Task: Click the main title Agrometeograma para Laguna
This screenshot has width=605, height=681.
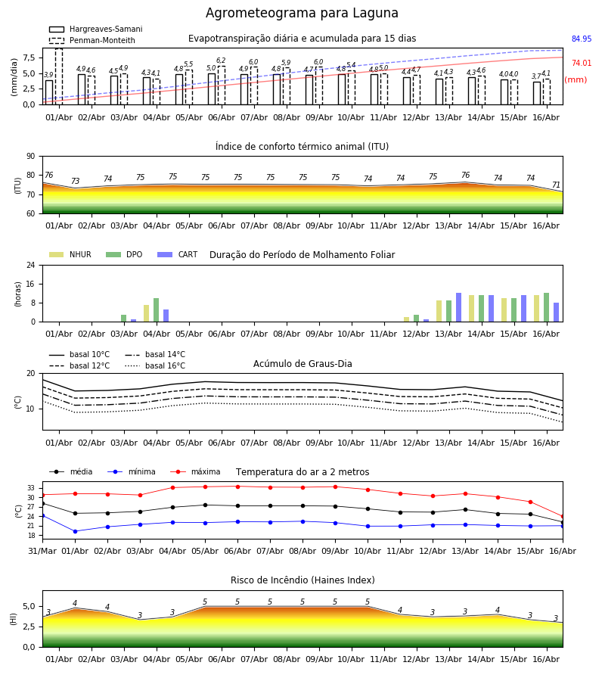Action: point(302,13)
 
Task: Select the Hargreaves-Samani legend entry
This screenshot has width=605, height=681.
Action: point(95,29)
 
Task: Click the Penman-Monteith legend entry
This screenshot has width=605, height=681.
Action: point(92,40)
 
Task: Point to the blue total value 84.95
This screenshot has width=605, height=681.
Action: point(582,39)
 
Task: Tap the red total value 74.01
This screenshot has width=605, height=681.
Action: point(582,63)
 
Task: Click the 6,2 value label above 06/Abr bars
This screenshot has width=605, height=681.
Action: point(221,61)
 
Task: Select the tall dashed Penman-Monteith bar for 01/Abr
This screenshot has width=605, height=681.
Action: point(59,76)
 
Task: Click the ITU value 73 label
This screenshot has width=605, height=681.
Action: point(75,181)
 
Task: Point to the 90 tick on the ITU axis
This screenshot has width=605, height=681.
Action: point(31,157)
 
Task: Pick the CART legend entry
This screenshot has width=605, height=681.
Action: point(178,254)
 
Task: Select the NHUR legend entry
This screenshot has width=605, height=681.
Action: point(70,254)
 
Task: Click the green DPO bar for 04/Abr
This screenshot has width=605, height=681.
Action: point(157,310)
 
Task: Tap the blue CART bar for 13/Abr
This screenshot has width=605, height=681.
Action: point(459,307)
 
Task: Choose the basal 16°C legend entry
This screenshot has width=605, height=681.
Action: point(155,365)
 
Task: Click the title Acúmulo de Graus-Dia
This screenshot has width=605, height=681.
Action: point(302,363)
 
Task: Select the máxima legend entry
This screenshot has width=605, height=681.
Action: point(195,471)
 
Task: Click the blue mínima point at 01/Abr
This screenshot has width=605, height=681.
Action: point(75,531)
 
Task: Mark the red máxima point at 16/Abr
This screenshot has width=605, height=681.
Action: point(563,516)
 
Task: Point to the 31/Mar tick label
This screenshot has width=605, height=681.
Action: point(42,551)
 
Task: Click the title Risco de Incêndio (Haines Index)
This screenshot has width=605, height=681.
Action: point(302,580)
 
